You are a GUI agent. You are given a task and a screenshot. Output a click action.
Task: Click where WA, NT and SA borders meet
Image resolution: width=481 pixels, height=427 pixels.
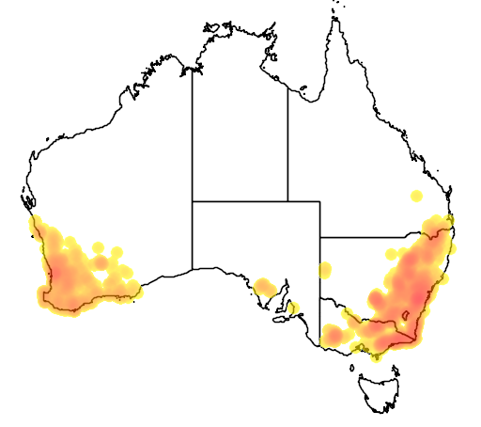(193, 201)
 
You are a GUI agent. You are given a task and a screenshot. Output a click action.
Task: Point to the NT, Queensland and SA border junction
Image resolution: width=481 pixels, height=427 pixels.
(287, 201)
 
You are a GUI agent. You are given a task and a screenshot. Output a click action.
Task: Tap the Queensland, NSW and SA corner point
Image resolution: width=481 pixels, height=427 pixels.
(320, 237)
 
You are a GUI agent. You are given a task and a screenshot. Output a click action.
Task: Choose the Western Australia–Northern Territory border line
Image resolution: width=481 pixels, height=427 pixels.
(193, 132)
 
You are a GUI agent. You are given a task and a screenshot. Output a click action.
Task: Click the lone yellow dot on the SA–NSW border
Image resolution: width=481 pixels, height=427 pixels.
(325, 270)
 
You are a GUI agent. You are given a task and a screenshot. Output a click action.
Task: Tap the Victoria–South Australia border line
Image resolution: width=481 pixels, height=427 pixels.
(320, 320)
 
